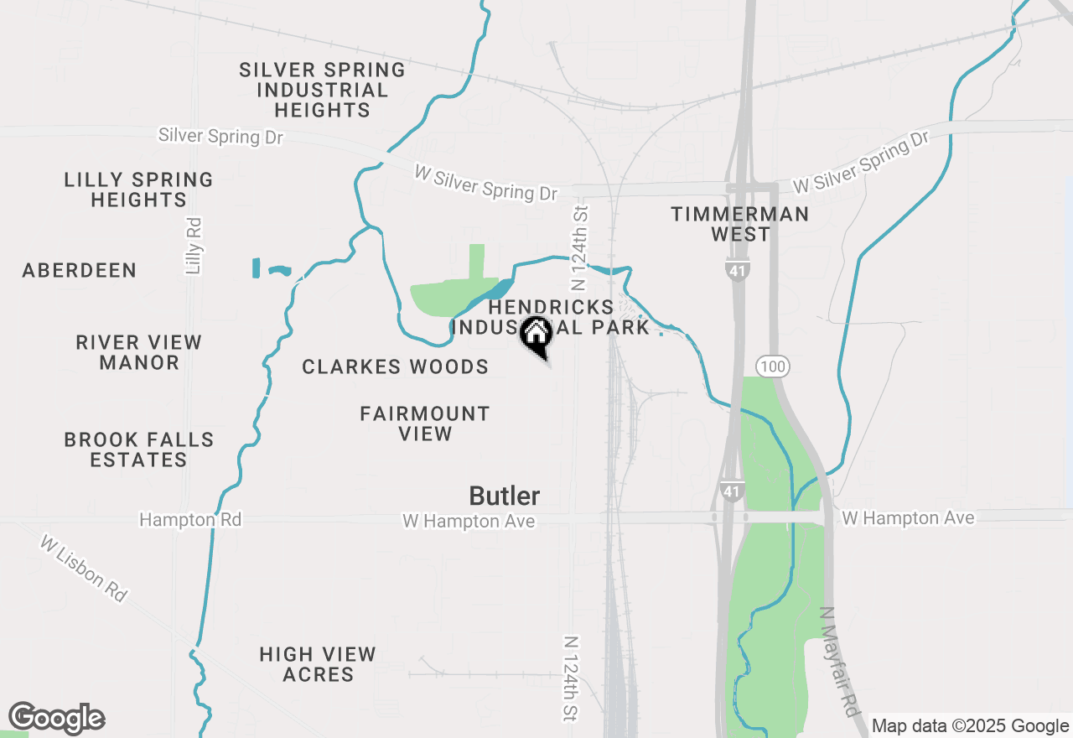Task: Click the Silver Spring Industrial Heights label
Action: (x=322, y=90)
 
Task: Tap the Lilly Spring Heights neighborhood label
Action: (x=139, y=190)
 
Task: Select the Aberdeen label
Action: (x=80, y=270)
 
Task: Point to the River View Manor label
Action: (x=139, y=352)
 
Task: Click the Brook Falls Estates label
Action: (x=139, y=450)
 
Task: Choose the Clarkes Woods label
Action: (x=396, y=366)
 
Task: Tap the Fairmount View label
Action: (x=425, y=424)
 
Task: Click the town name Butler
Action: (x=505, y=496)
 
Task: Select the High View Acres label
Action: (x=318, y=664)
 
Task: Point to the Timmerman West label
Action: (x=740, y=224)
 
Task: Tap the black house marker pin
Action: (x=536, y=335)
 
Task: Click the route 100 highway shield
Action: (x=772, y=366)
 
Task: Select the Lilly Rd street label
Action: (x=194, y=247)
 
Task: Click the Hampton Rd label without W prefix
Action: (x=190, y=520)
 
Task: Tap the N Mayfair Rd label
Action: (x=842, y=663)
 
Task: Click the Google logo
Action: (x=56, y=719)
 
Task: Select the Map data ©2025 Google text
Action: (x=970, y=726)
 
